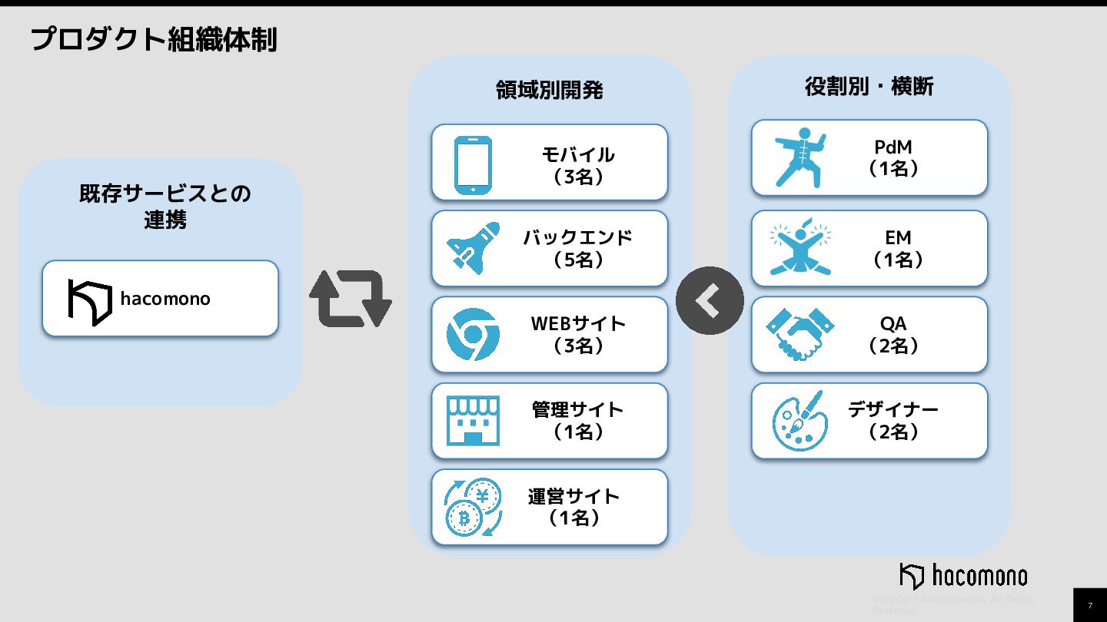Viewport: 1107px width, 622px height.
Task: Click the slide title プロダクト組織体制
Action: point(154,39)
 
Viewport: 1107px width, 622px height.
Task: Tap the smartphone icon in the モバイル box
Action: point(473,165)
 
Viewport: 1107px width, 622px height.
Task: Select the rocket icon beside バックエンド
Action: point(473,247)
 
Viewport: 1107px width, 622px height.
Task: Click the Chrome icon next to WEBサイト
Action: point(473,335)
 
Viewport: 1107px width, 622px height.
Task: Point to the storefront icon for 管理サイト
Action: point(473,421)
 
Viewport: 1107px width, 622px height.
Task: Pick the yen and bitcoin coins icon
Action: point(473,507)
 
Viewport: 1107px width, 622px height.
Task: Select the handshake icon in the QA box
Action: point(800,335)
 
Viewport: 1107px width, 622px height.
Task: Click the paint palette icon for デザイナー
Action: point(800,421)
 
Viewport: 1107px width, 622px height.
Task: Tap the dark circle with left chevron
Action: point(710,301)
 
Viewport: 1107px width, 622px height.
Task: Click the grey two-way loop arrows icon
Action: point(351,299)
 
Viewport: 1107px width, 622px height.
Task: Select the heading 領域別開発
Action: point(549,91)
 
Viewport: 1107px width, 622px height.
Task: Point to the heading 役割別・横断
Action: point(869,87)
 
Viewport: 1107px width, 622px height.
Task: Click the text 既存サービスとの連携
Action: point(165,207)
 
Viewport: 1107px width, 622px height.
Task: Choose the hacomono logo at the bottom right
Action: point(963,576)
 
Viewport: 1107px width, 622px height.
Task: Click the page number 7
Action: point(1089,605)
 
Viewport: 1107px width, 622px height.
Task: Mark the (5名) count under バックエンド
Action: point(578,260)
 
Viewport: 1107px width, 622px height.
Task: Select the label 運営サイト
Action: point(573,496)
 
